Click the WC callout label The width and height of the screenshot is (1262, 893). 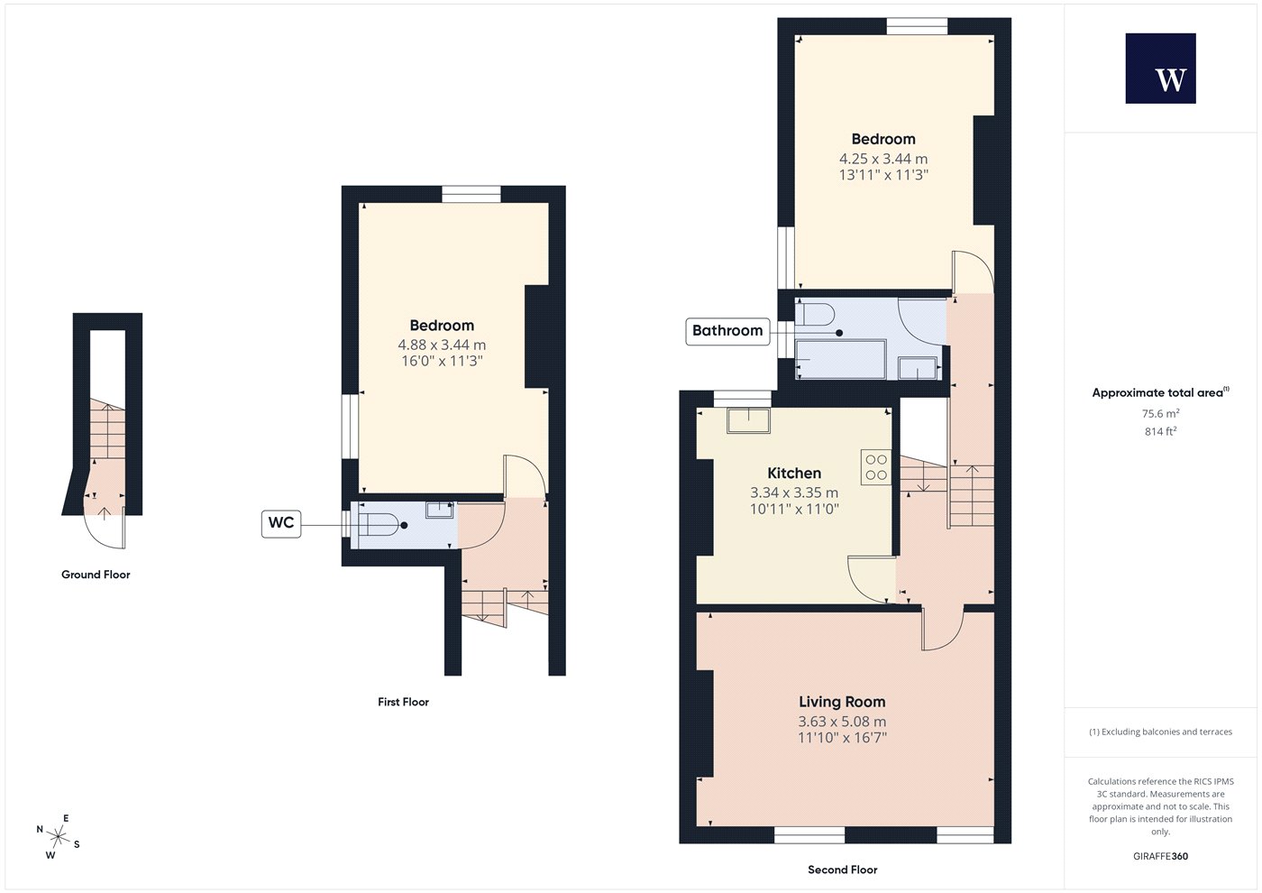coord(281,524)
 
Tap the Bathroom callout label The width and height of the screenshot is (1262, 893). coord(727,331)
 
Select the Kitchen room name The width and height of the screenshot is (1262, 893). coord(794,473)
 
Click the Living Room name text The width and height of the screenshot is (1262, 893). coord(842,702)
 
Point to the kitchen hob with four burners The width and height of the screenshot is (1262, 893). coord(876,467)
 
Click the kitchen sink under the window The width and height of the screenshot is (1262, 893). coord(749,420)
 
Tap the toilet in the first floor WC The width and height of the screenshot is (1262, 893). coord(378,525)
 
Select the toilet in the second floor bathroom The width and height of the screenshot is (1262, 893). coord(815,315)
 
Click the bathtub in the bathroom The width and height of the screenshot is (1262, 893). coord(840,359)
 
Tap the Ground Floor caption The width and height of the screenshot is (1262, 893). coord(96,575)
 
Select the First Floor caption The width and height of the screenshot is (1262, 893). coord(404,702)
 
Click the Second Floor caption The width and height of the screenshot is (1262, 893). coord(843,870)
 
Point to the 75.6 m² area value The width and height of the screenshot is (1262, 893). coord(1161,413)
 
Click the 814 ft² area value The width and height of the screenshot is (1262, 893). coord(1161,431)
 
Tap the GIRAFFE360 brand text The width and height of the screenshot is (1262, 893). coord(1161,856)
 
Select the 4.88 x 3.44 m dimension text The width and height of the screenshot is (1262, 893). coord(443,345)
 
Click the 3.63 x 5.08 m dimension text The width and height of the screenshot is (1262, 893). coord(842,721)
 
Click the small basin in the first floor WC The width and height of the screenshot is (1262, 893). coord(440,510)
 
